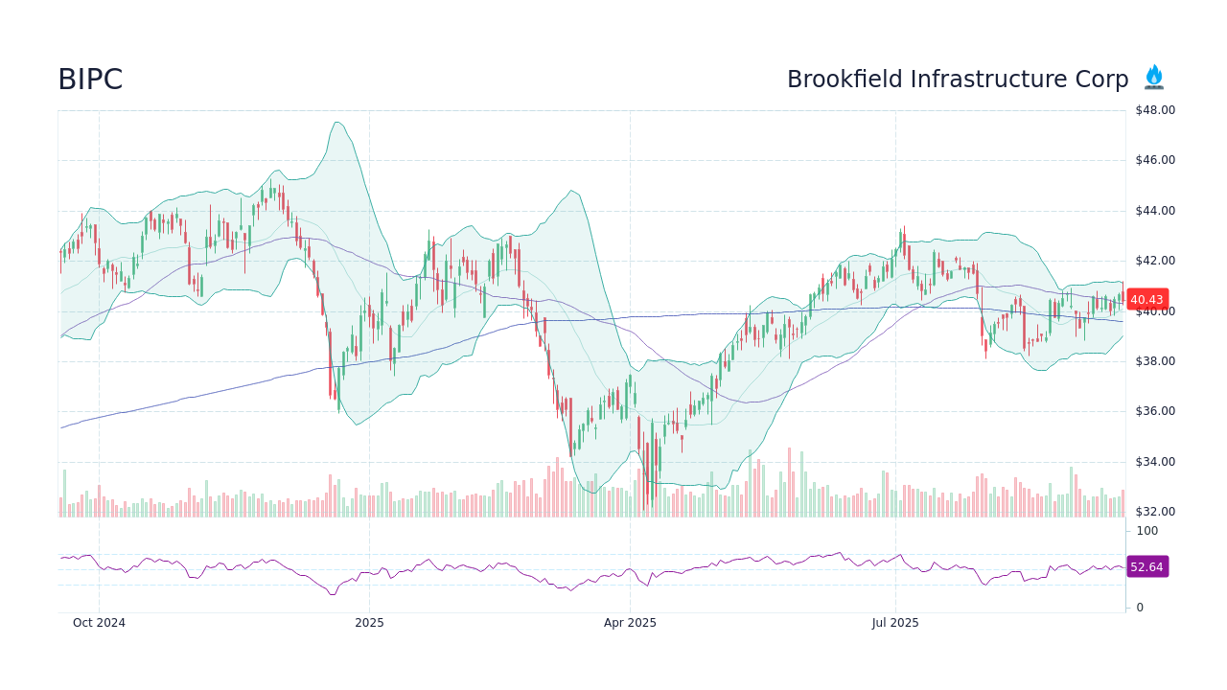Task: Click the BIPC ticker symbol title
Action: click(x=90, y=80)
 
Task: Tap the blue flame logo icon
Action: click(x=1153, y=78)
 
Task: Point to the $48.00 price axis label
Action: click(x=1154, y=110)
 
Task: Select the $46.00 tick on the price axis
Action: click(x=1154, y=160)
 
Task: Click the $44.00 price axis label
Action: click(x=1154, y=211)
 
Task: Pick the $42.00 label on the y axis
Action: click(x=1154, y=261)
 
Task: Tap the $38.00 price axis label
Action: click(x=1154, y=361)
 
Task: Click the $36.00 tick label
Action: click(x=1154, y=411)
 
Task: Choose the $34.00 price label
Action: click(x=1154, y=462)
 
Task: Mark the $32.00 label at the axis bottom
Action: click(x=1154, y=512)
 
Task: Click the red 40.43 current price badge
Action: click(x=1146, y=299)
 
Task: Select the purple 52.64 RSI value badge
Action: click(x=1146, y=566)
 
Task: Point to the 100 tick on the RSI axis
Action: click(x=1146, y=531)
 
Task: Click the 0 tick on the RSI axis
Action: click(x=1140, y=608)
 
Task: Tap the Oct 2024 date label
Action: click(x=99, y=623)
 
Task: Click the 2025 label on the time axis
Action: click(x=369, y=623)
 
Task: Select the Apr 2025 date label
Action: click(x=630, y=623)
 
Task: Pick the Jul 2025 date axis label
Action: click(x=895, y=623)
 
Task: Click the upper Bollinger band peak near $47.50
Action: click(x=336, y=123)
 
